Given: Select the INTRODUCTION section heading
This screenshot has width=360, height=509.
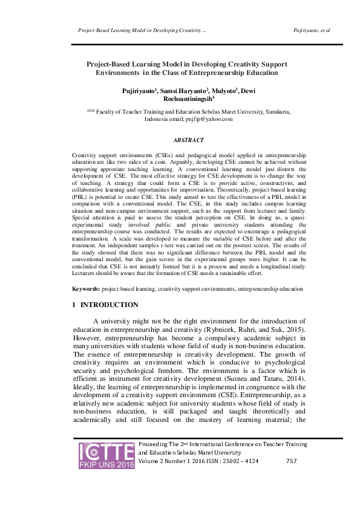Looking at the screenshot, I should point(109,305).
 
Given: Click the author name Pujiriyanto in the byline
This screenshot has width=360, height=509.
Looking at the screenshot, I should point(139,90).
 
